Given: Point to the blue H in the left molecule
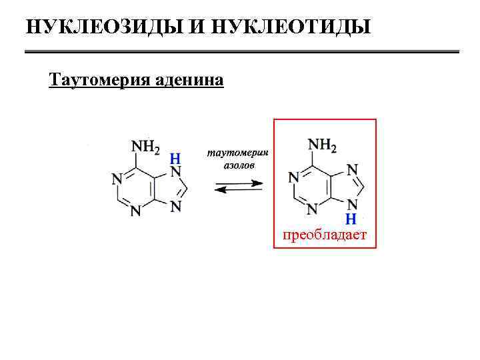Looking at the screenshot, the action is coord(175,158).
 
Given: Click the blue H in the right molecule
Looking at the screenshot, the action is coord(352,218).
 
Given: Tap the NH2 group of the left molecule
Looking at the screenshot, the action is coord(145,146).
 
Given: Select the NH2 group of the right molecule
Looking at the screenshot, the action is coord(322,145).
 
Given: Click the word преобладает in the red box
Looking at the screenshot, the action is coord(325,235).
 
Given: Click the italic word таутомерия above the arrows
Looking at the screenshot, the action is coord(238,153).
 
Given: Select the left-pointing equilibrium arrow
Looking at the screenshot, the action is coord(239,191).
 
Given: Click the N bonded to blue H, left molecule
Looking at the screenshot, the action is coord(175,171).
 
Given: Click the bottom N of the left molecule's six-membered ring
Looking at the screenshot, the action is coord(135,212).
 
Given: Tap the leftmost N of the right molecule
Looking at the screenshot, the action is coord(293,177).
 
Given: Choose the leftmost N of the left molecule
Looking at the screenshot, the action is coord(117,179).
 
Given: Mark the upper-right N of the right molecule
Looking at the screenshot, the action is coord(353,169).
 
